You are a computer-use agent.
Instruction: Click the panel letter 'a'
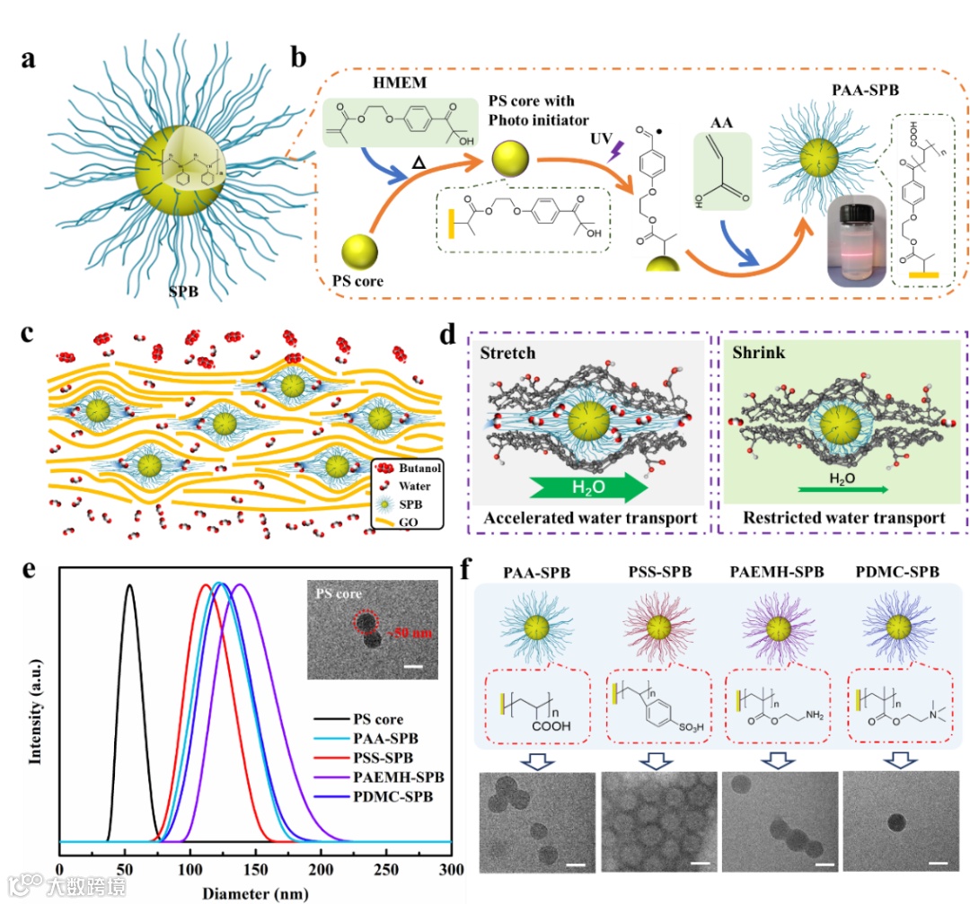(31, 62)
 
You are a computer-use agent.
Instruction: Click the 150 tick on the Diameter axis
(255, 870)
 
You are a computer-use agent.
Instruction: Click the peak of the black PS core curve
(129, 586)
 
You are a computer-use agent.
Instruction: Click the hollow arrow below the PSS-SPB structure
(650, 759)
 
